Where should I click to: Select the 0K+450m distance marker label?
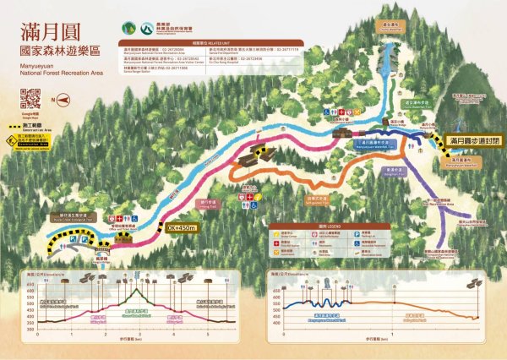coord(183,226)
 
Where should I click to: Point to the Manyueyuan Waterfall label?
coord(461,159)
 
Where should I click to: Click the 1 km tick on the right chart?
coord(392,331)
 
